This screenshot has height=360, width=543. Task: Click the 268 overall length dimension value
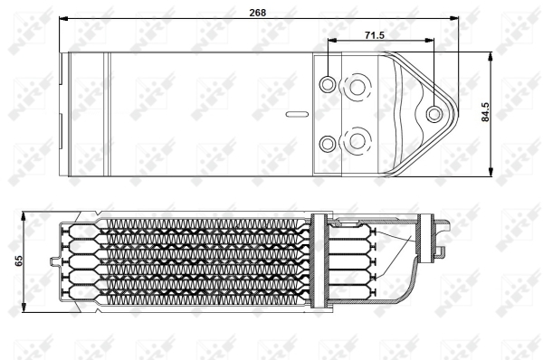tap(258, 13)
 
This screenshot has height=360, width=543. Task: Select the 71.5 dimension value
tap(375, 35)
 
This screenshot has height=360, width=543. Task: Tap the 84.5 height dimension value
tap(485, 112)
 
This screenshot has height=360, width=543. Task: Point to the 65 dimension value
tap(18, 261)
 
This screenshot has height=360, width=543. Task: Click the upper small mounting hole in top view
tap(328, 84)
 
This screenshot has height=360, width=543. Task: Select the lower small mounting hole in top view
tap(328, 143)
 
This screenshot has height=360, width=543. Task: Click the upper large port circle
tap(357, 87)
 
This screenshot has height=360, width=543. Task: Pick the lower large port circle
tap(357, 141)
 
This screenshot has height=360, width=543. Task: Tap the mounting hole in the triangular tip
tap(433, 114)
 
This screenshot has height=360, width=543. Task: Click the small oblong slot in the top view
tap(297, 114)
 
